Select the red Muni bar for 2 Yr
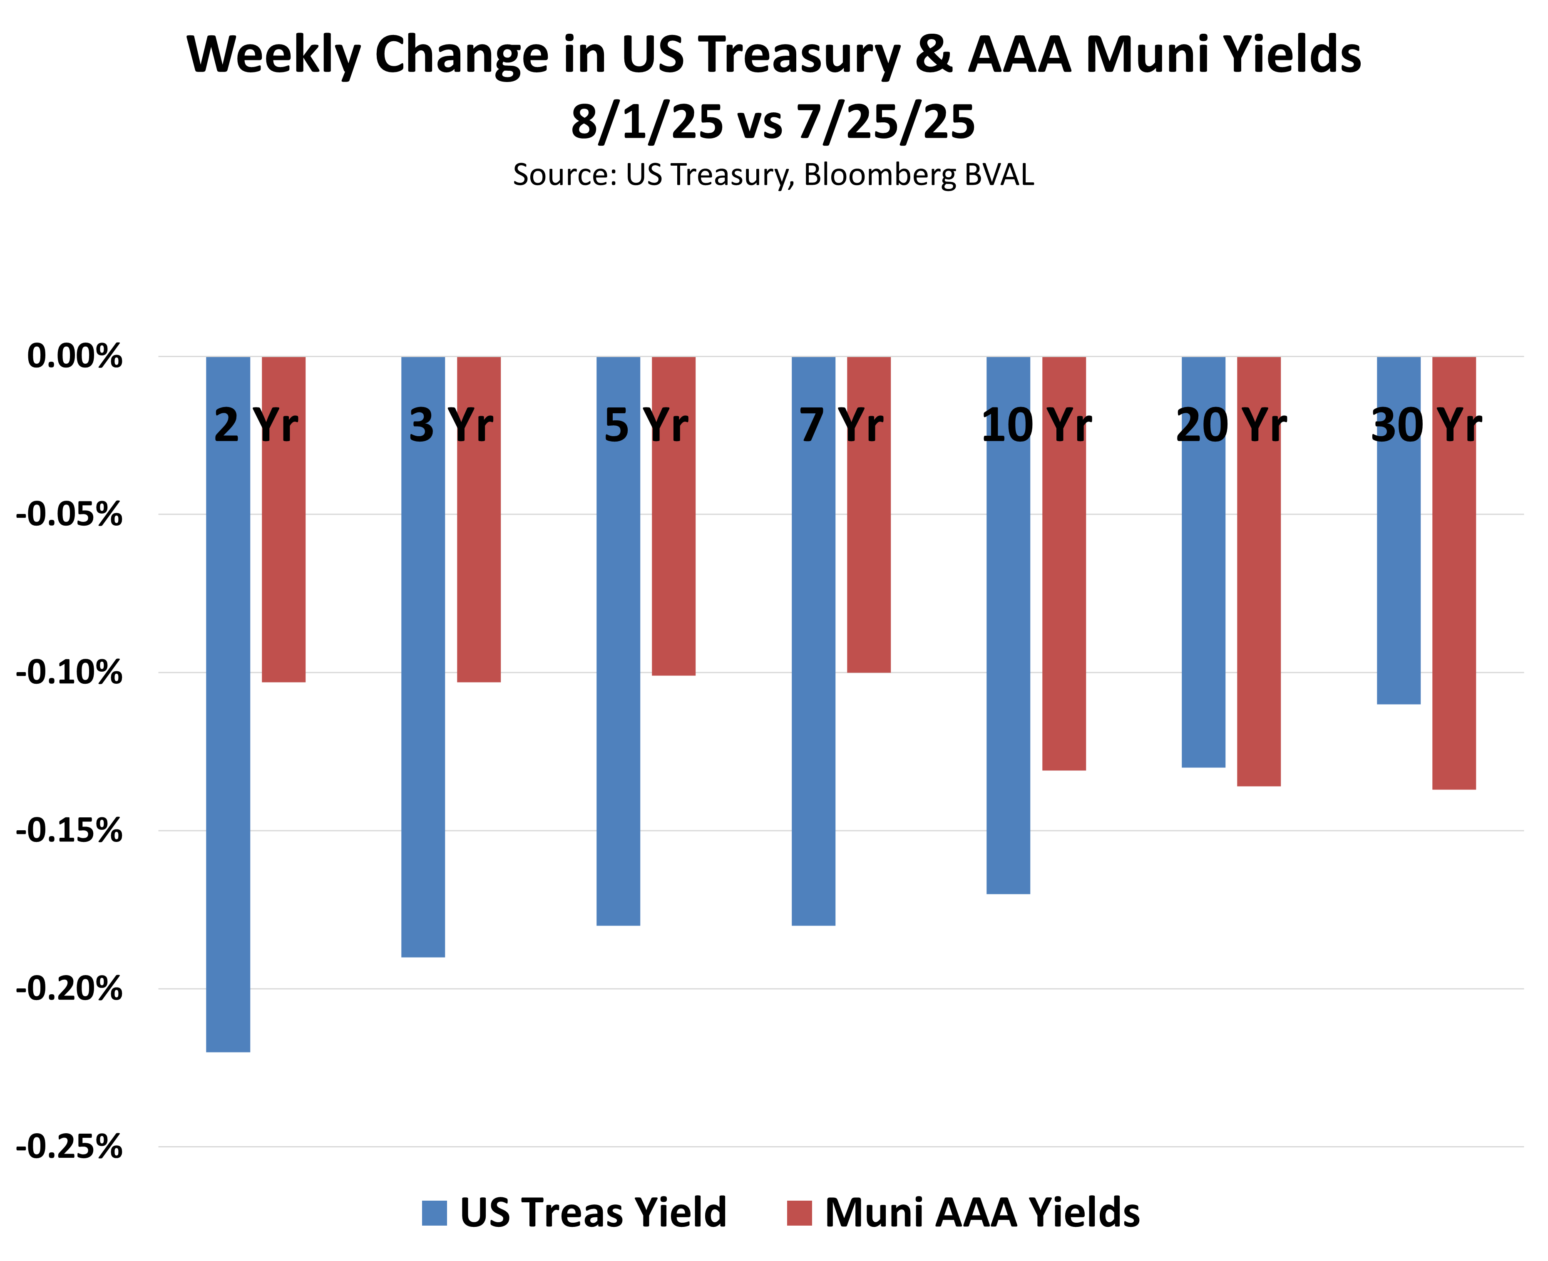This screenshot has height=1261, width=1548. click(x=283, y=552)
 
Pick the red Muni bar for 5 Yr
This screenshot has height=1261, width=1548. click(x=673, y=552)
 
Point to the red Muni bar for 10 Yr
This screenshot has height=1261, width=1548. click(x=1063, y=596)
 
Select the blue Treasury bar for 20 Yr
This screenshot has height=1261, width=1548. click(x=1203, y=596)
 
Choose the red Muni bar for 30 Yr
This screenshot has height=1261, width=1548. click(x=1454, y=603)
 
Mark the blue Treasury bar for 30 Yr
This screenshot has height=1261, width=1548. click(x=1398, y=566)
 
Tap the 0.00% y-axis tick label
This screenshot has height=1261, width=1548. click(x=75, y=357)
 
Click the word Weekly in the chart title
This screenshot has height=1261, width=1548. click(x=273, y=55)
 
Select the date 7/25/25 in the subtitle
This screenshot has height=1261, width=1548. click(x=885, y=122)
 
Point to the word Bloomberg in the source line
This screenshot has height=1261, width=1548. click(x=880, y=175)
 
